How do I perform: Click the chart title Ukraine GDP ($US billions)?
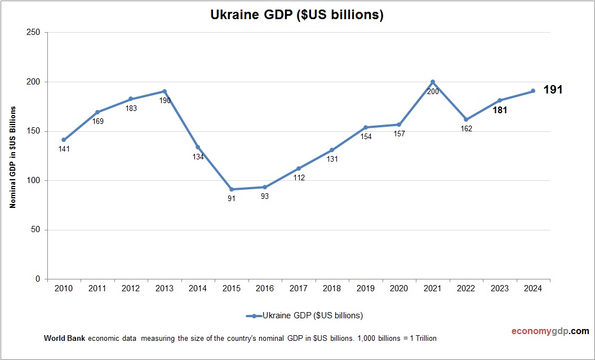[297, 15]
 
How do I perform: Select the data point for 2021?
[433, 82]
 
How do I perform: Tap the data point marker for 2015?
[232, 189]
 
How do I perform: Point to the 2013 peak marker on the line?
[165, 91]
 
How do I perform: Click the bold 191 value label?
[553, 90]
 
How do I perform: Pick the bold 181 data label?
[500, 110]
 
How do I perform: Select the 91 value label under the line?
[232, 199]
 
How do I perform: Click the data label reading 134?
[198, 157]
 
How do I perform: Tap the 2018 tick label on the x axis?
[332, 288]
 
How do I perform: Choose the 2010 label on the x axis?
[64, 288]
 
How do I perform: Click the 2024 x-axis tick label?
[533, 288]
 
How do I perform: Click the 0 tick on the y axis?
[38, 279]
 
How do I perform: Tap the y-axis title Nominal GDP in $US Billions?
[12, 157]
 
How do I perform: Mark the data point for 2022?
[466, 119]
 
